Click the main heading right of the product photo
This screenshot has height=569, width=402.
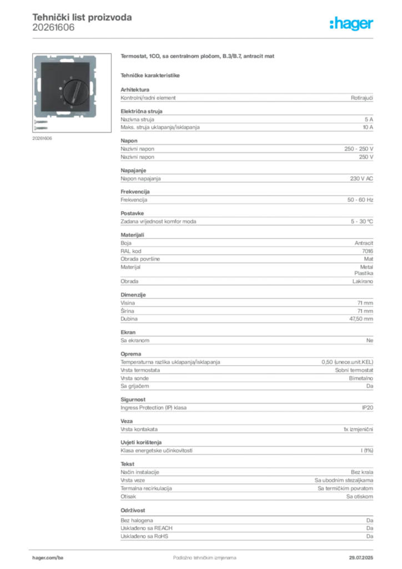198,58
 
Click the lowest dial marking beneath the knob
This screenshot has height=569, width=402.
72,107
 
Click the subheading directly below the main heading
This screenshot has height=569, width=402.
151,74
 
